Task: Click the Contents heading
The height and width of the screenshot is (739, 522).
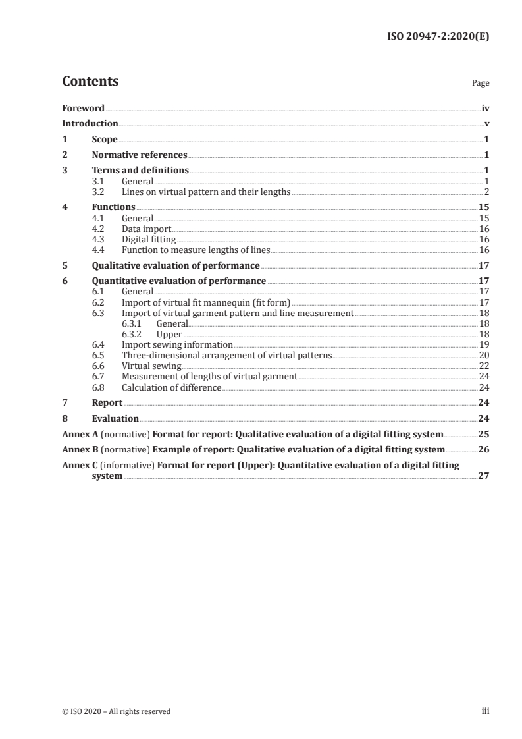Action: [x=90, y=82]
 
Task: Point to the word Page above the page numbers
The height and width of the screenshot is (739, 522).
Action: [x=481, y=84]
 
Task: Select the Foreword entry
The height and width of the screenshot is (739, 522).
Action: [x=83, y=108]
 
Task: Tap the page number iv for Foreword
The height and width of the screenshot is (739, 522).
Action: [x=485, y=108]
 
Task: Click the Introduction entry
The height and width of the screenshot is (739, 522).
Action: [x=90, y=124]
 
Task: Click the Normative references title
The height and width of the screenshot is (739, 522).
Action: [x=140, y=155]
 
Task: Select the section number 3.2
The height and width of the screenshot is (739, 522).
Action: [x=98, y=192]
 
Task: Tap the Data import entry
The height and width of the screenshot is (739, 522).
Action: [x=146, y=229]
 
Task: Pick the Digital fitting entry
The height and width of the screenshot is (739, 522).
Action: [x=149, y=240]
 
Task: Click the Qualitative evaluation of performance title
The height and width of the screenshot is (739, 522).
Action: [x=176, y=266]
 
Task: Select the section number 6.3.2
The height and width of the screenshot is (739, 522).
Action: [x=134, y=334]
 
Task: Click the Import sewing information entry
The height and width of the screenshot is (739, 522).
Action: [x=177, y=344]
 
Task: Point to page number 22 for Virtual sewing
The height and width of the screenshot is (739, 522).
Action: [x=484, y=366]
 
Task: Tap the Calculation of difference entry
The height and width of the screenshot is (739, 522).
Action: [x=172, y=387]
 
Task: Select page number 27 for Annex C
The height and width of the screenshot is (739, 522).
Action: [x=484, y=476]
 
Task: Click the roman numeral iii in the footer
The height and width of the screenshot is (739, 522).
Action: [x=486, y=711]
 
